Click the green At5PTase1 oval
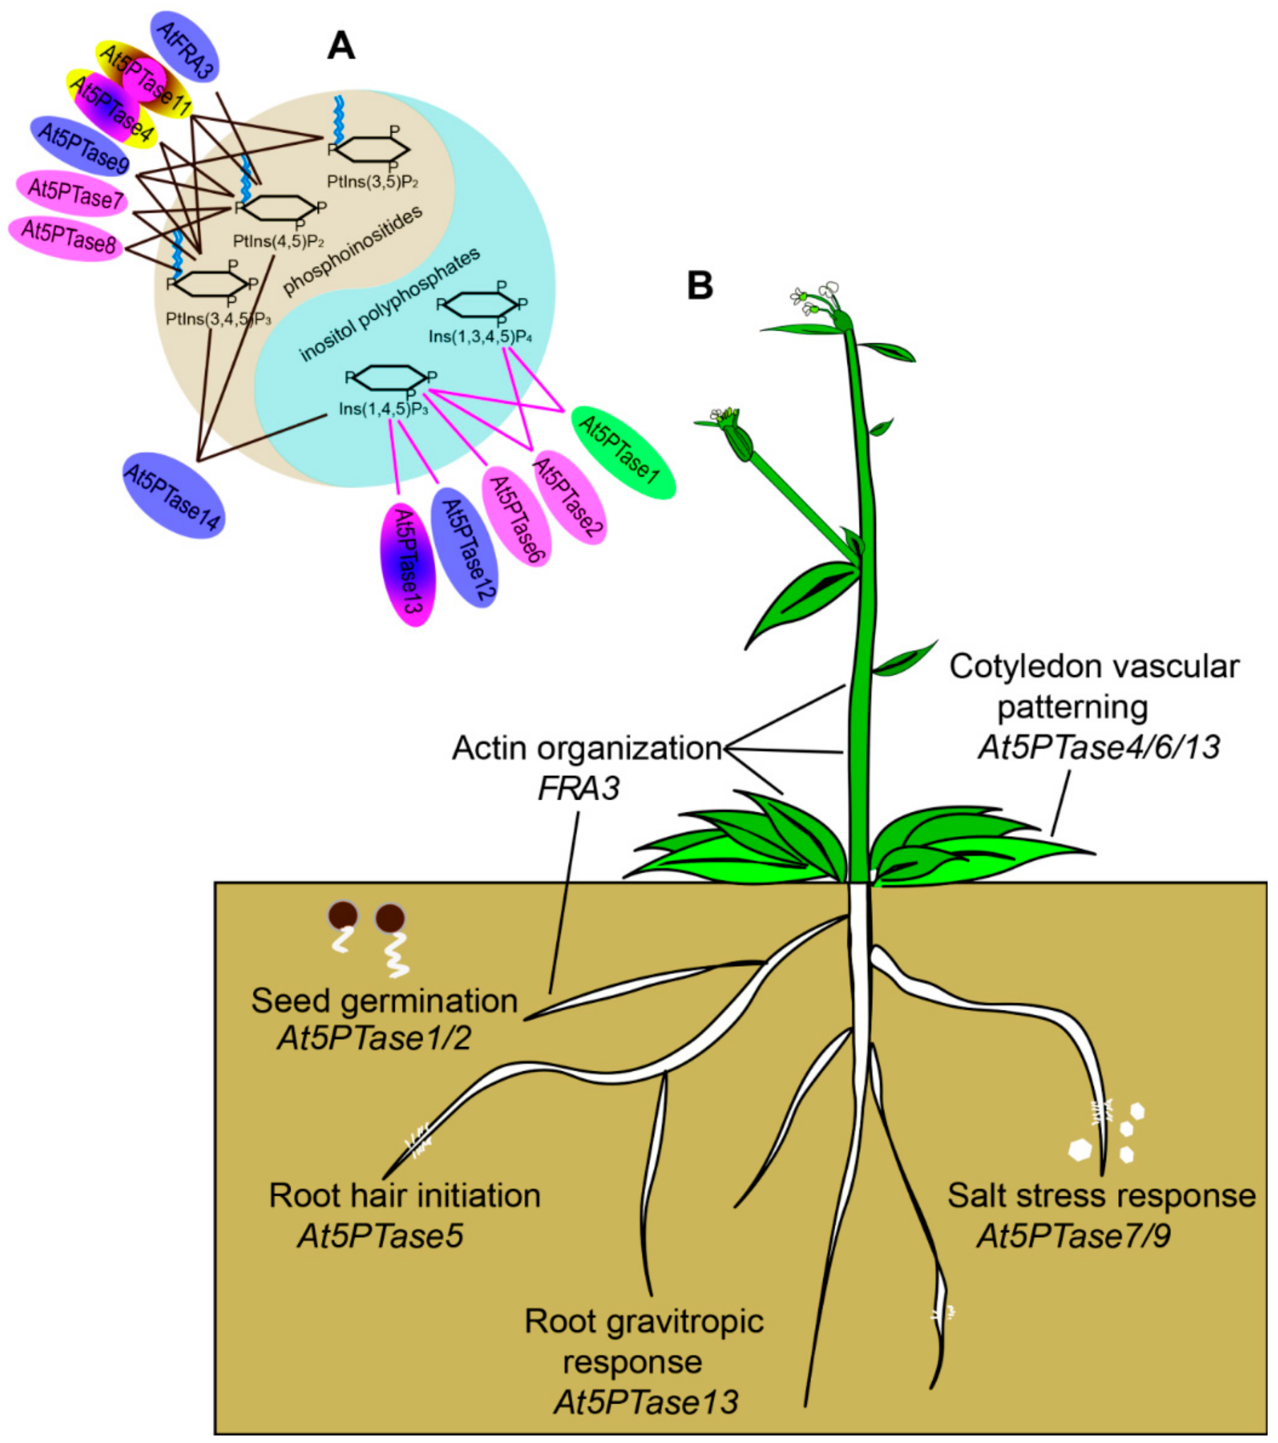click(622, 452)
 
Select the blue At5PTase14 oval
click(173, 496)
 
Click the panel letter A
click(341, 46)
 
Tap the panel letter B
click(699, 286)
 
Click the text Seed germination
click(384, 1001)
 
